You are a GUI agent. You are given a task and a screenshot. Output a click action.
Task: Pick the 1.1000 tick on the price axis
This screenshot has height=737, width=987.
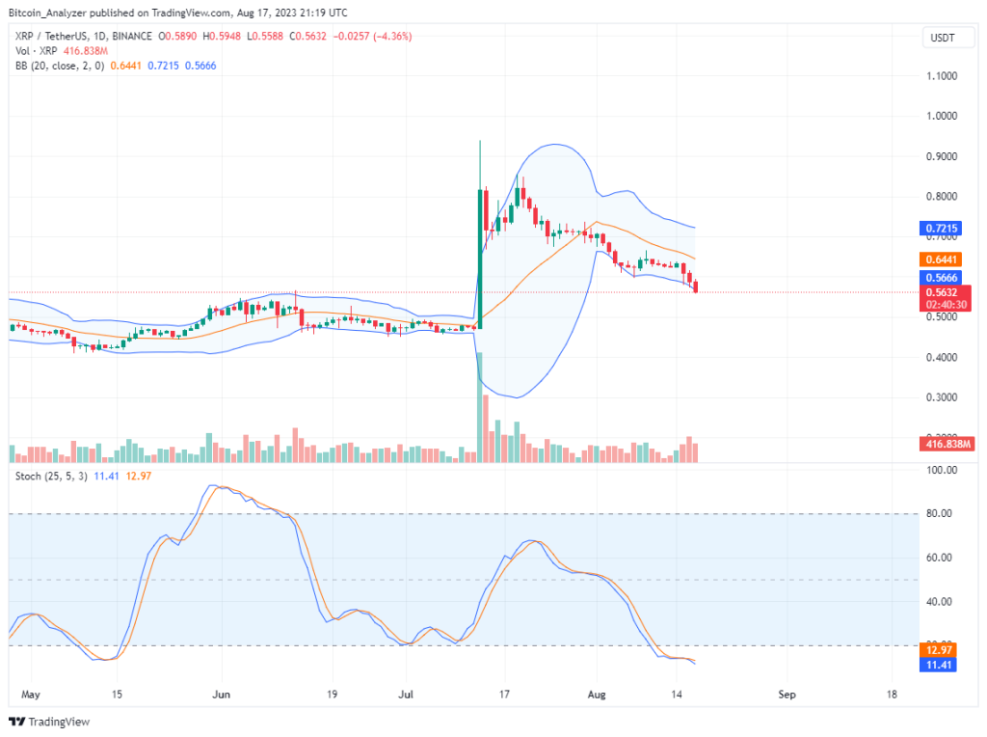pos(942,75)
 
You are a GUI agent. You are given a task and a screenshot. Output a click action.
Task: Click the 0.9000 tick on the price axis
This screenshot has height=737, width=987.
pos(942,156)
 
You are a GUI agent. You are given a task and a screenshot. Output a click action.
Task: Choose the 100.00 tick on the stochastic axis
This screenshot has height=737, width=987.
pos(941,471)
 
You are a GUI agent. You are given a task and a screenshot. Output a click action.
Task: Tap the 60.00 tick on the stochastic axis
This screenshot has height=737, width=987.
pos(941,558)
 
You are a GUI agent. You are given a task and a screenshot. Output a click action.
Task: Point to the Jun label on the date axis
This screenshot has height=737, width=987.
pos(223,694)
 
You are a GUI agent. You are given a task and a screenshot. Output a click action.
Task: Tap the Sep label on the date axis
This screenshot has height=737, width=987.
pos(787,694)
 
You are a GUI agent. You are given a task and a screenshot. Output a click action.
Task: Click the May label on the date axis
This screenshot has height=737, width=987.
pos(31,694)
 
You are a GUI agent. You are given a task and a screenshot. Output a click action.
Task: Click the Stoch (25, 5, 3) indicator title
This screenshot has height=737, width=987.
pos(51,476)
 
